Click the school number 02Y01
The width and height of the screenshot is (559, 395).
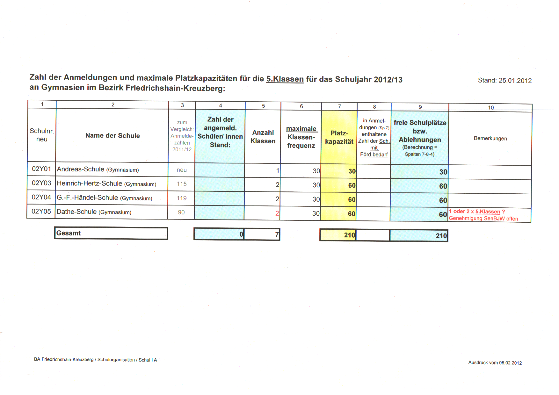[41, 169]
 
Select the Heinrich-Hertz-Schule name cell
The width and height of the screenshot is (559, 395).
[106, 184]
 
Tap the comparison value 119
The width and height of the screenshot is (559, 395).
[182, 198]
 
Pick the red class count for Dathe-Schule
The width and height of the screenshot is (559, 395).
[277, 213]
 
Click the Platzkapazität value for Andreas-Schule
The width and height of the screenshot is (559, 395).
[352, 171]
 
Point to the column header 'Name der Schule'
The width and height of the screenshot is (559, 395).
[113, 136]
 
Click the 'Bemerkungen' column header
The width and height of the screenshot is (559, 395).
[490, 139]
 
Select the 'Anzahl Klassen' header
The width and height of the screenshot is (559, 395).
[263, 137]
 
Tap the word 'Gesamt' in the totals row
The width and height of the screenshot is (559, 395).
[69, 233]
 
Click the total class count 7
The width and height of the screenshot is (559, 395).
[277, 235]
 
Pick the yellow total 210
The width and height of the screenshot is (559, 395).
[349, 235]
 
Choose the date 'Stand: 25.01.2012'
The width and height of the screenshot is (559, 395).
[505, 81]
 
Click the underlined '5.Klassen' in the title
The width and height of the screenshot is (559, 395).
[285, 79]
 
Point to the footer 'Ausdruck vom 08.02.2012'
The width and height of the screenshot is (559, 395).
[495, 363]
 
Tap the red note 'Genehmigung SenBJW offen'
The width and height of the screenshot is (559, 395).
[483, 219]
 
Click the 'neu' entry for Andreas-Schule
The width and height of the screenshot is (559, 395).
[182, 170]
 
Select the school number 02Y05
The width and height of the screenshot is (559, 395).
[41, 212]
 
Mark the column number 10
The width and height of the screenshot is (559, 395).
[491, 108]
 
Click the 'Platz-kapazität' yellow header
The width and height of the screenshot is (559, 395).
[339, 138]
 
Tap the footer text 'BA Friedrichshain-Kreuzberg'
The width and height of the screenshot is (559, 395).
[64, 360]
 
